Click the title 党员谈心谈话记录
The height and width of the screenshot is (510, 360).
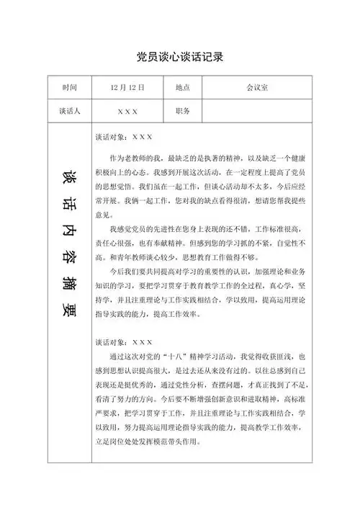point(179,57)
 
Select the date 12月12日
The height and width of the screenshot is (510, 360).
point(127,87)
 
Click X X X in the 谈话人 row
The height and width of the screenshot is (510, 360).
point(127,112)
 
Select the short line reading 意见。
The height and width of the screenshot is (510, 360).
point(103,215)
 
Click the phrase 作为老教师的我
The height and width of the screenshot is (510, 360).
point(137,157)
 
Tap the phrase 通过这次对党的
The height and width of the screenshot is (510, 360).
point(137,357)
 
